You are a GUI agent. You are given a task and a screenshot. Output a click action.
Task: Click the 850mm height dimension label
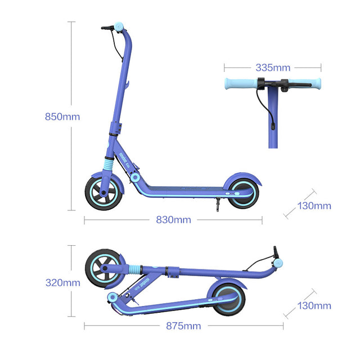(62, 117)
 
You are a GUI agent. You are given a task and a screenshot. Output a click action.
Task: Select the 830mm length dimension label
(173, 220)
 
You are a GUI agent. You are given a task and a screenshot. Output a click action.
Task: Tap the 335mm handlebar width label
(273, 67)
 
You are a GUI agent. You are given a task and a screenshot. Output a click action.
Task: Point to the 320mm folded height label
(62, 283)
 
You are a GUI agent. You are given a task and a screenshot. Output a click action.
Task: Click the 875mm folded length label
(183, 326)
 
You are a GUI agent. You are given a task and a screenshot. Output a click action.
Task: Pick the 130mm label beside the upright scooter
(314, 206)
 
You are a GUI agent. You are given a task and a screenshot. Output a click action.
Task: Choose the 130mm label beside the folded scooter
(314, 306)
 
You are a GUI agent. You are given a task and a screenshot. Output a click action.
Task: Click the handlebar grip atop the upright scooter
(119, 26)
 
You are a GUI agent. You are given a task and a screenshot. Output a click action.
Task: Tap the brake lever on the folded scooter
(276, 252)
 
